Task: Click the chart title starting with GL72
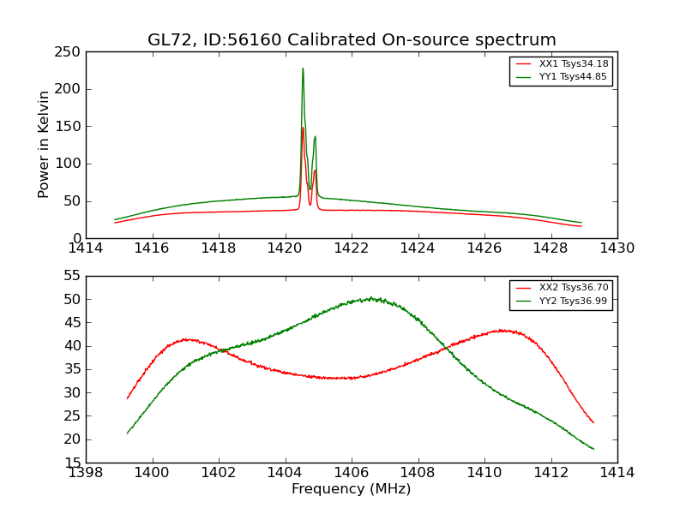[x=352, y=40]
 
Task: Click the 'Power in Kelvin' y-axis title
[x=44, y=144]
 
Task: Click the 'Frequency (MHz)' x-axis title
[x=351, y=489]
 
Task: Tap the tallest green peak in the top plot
[x=303, y=69]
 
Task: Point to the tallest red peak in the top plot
[x=303, y=128]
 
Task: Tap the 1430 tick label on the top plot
[x=617, y=248]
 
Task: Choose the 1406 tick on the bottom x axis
[x=351, y=473]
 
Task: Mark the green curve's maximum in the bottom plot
[x=371, y=298]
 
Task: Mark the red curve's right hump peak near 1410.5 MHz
[x=502, y=330]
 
